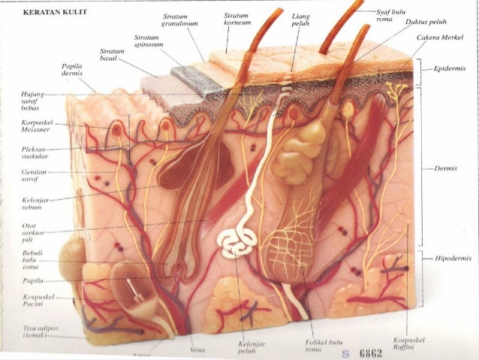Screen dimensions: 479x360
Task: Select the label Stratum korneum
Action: pos(239,19)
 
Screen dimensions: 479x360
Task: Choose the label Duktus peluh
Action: pos(427,23)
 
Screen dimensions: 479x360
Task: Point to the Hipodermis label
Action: pos(451,258)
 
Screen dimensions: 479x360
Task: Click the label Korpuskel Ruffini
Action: pos(410,343)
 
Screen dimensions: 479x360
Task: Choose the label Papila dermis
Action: pos(72,71)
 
